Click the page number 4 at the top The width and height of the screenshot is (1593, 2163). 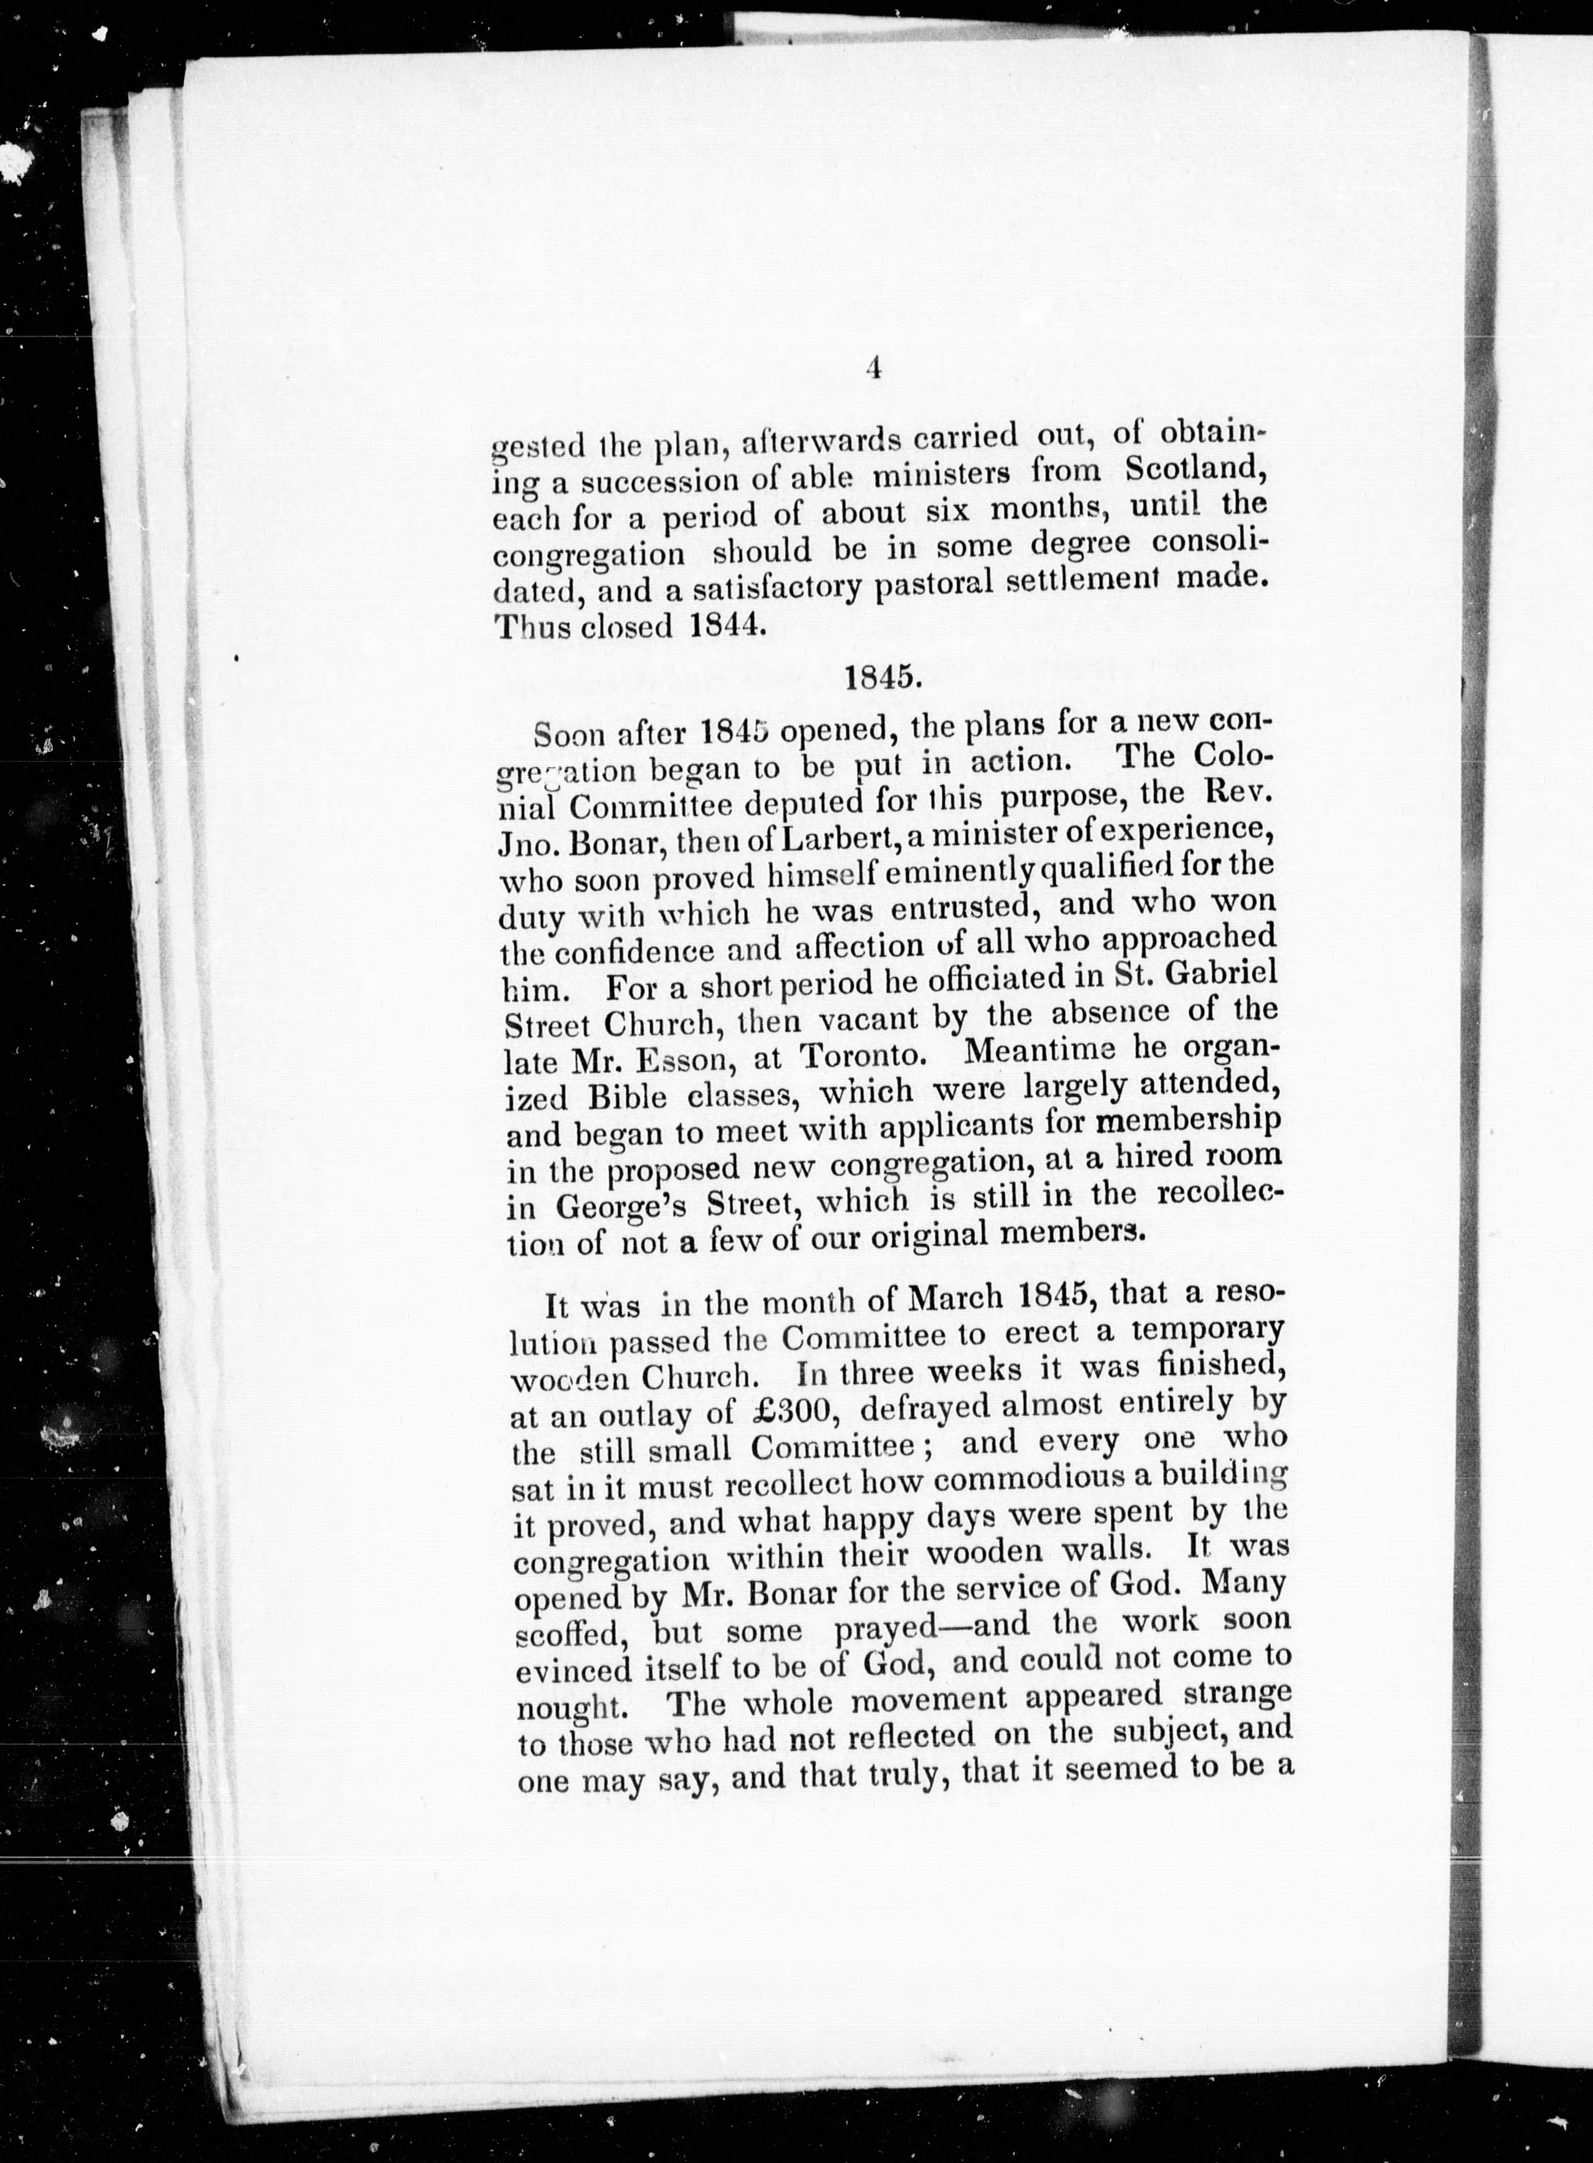pyautogui.click(x=874, y=369)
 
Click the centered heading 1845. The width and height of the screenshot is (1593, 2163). pyautogui.click(x=879, y=676)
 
